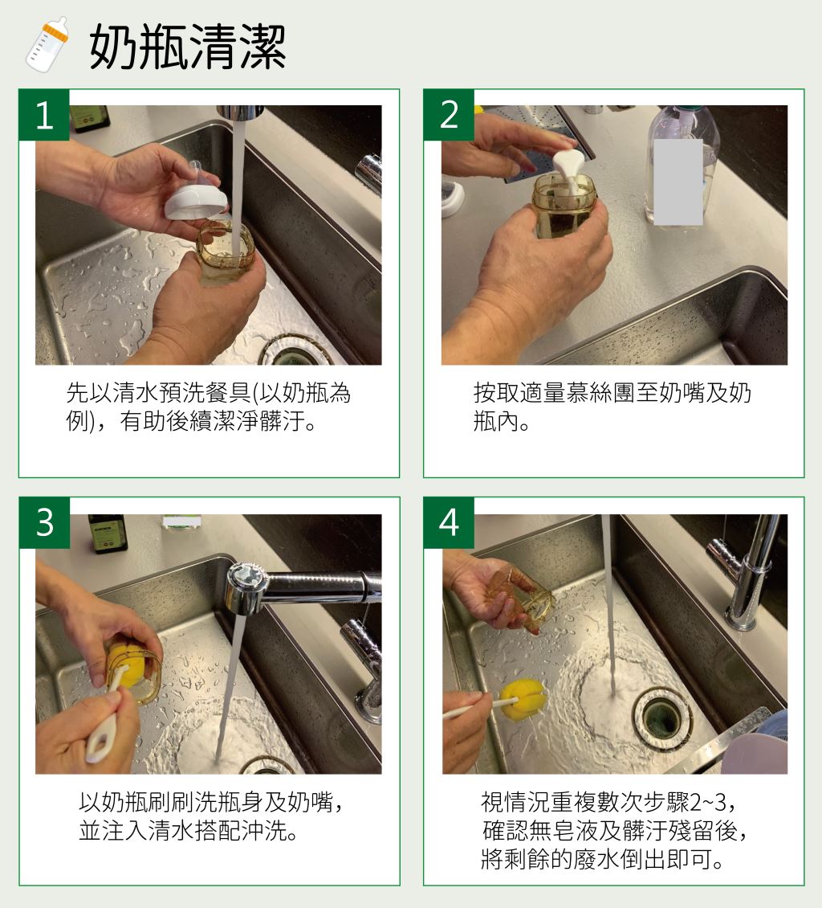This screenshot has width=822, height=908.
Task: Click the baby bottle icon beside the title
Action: (x=47, y=44)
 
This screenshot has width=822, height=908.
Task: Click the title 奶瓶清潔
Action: (x=187, y=47)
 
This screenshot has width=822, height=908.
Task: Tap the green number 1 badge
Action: (x=44, y=115)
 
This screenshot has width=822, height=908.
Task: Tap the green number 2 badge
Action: (x=449, y=115)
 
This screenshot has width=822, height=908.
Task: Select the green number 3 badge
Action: (x=44, y=522)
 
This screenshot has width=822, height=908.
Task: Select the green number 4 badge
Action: (x=449, y=522)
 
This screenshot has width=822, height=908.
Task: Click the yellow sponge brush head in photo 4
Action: (x=523, y=700)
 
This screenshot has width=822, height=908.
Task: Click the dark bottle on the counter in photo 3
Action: (x=107, y=533)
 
